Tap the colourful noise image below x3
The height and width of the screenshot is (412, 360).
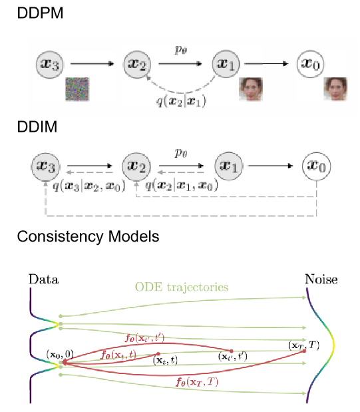(x=77, y=89)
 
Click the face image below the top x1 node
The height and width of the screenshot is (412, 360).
(x=250, y=89)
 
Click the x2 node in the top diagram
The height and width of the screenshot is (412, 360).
(x=138, y=64)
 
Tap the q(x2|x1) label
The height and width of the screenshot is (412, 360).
(x=180, y=102)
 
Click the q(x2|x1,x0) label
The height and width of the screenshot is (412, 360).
(x=182, y=187)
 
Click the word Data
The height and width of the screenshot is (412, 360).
(x=43, y=280)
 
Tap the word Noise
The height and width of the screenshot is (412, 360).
(x=321, y=280)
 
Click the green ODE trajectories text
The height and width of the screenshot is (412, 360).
(x=182, y=288)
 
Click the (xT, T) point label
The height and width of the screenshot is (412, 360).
(x=303, y=345)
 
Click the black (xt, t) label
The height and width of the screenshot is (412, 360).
(x=165, y=360)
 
